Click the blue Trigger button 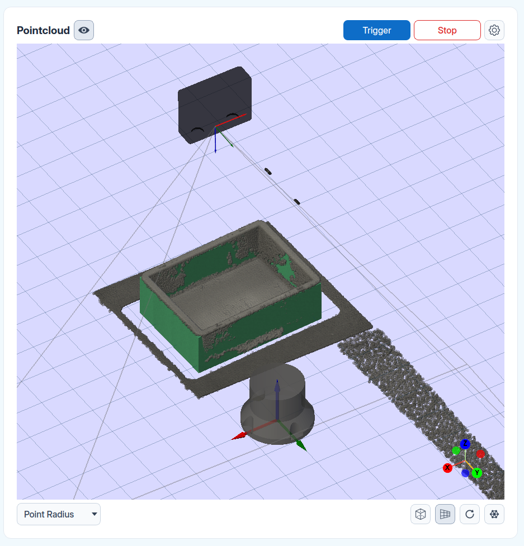click(x=376, y=30)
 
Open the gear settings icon click(x=494, y=30)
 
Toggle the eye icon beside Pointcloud click(x=84, y=30)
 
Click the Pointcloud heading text click(x=43, y=31)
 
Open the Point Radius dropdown click(x=59, y=514)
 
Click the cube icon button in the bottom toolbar click(x=421, y=514)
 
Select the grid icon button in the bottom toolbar click(x=445, y=514)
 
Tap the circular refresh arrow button click(x=470, y=514)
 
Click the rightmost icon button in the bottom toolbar click(x=494, y=514)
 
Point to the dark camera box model click(x=215, y=105)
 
